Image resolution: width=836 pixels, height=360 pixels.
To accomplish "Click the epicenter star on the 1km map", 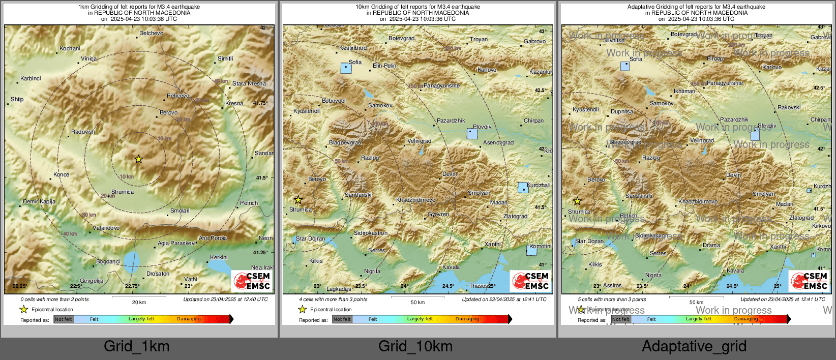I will [x=138, y=159].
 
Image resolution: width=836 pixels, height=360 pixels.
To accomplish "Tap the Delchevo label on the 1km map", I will [x=151, y=33].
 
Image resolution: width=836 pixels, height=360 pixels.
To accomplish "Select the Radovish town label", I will [x=83, y=132].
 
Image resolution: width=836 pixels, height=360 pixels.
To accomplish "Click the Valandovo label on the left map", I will [x=106, y=228].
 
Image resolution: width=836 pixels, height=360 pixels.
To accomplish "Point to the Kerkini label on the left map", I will [x=219, y=257].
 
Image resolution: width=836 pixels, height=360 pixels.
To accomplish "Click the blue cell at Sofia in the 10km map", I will [x=346, y=68].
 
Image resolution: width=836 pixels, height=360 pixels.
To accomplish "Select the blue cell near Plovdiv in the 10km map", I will [x=472, y=134].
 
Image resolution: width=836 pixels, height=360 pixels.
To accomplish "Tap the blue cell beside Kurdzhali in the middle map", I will [x=523, y=188].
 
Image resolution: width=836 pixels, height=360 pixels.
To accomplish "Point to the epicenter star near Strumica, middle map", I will [x=298, y=200].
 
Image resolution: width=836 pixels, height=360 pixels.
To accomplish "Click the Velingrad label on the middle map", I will [x=419, y=141].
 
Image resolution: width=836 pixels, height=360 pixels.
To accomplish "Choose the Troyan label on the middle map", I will [x=479, y=39].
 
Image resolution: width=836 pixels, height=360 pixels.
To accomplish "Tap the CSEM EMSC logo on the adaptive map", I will [x=808, y=281].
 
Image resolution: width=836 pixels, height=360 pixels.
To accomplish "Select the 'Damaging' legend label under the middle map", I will [x=467, y=319].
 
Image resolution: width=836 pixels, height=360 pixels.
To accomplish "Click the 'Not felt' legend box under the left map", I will [x=64, y=319].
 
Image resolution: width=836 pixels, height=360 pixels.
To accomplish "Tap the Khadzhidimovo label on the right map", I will [x=698, y=201].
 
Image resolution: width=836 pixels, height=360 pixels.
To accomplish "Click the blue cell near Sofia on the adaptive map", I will [x=624, y=66].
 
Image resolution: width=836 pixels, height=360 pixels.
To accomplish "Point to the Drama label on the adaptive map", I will [x=711, y=245].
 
